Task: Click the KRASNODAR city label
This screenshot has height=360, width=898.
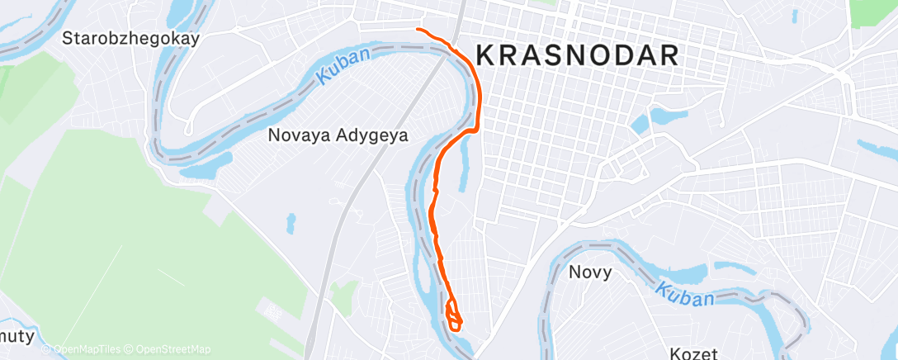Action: tap(578, 55)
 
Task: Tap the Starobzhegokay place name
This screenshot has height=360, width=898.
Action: tap(132, 38)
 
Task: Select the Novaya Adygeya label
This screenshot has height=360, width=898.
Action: tap(338, 135)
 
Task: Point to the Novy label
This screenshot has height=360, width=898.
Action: tap(590, 272)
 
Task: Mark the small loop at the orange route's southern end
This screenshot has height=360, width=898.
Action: tap(454, 315)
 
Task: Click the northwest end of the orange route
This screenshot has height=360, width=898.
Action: tap(418, 30)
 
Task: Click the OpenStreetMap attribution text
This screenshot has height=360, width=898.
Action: tap(165, 350)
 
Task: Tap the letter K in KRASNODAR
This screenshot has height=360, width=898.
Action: tap(487, 55)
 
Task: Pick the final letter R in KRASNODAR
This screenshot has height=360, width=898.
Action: tap(669, 55)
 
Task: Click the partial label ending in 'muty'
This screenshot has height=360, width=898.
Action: tap(17, 337)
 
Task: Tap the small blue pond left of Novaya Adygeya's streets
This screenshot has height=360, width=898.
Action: tap(291, 223)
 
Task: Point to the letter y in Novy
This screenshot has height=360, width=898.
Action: tap(607, 274)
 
